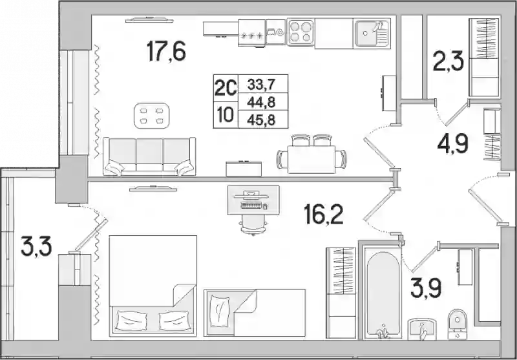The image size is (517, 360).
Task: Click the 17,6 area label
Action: (x=166, y=51)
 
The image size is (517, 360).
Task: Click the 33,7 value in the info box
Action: (x=262, y=85)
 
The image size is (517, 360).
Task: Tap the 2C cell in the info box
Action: (x=226, y=88)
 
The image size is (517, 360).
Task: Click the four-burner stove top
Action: (x=301, y=32)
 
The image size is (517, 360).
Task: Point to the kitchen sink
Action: (x=372, y=33)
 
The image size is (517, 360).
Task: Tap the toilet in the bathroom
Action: (x=458, y=324)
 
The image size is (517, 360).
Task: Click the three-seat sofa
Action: (x=149, y=156)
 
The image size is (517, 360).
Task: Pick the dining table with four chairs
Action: (x=311, y=154)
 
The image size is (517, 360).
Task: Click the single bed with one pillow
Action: (x=255, y=313)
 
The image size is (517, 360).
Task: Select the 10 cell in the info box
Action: (x=226, y=115)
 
